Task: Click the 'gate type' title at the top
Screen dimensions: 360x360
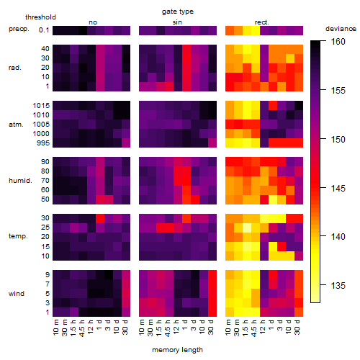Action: pyautogui.click(x=178, y=12)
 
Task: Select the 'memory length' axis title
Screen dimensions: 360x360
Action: pyautogui.click(x=177, y=350)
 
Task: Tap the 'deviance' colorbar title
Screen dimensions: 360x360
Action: pyautogui.click(x=341, y=29)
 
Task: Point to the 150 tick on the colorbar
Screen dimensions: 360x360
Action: pyautogui.click(x=323, y=139)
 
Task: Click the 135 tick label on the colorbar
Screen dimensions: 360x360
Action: pyautogui.click(x=338, y=286)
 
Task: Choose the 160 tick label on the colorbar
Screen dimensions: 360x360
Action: pyautogui.click(x=338, y=42)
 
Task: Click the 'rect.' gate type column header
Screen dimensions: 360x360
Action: pyautogui.click(x=261, y=22)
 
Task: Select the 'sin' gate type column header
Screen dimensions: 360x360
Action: pyautogui.click(x=177, y=22)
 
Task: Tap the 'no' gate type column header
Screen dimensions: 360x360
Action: pyautogui.click(x=93, y=22)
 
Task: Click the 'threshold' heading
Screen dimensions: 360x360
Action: pyautogui.click(x=40, y=17)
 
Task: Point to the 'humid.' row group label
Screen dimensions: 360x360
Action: pyautogui.click(x=20, y=181)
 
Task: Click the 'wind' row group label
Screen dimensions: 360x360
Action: pyautogui.click(x=17, y=294)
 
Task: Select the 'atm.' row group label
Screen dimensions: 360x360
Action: pyautogui.click(x=16, y=125)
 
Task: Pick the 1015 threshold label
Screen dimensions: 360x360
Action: pyautogui.click(x=41, y=106)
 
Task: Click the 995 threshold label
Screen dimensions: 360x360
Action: pyautogui.click(x=43, y=143)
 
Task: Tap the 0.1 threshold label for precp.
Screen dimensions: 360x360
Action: pyautogui.click(x=44, y=30)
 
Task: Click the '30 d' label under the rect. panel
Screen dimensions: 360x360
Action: pyautogui.click(x=297, y=327)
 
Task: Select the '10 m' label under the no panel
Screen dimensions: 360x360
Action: pyautogui.click(x=55, y=327)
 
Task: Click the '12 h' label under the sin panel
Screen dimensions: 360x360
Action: pyautogui.click(x=176, y=327)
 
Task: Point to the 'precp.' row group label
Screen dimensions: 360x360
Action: pyautogui.click(x=19, y=29)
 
